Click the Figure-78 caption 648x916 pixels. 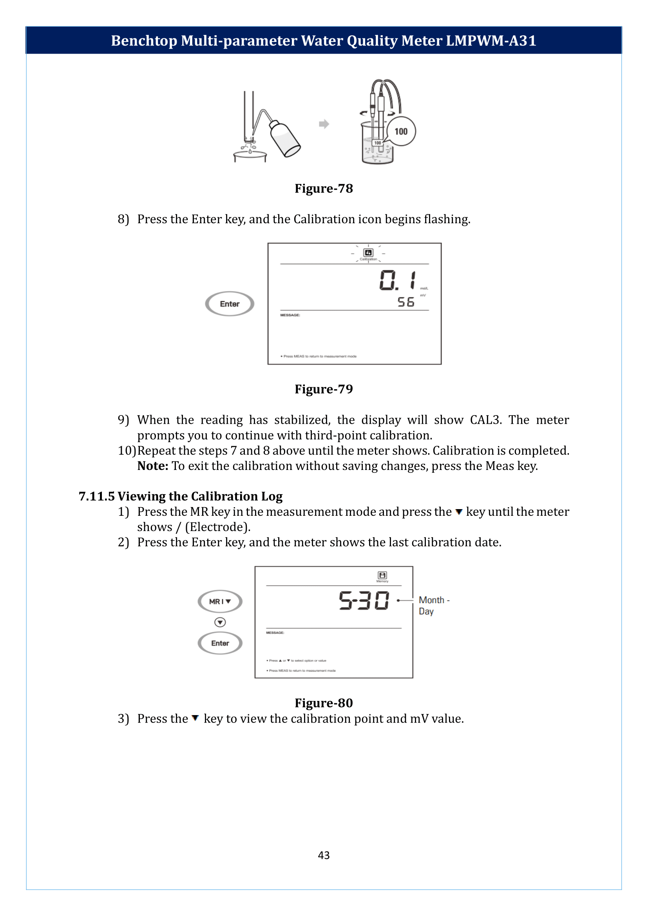click(324, 188)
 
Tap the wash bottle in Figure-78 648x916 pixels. click(284, 139)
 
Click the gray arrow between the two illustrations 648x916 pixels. click(324, 124)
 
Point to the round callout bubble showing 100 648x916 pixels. click(401, 131)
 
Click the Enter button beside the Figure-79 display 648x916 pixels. click(230, 304)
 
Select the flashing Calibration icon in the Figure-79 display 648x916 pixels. click(368, 253)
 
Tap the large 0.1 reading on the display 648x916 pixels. click(397, 280)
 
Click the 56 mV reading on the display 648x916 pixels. click(406, 302)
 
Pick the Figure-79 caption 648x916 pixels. click(324, 389)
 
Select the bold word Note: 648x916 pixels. click(153, 466)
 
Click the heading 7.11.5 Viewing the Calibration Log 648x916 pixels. click(180, 496)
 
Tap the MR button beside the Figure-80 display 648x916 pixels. click(220, 601)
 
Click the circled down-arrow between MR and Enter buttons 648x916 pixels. click(220, 622)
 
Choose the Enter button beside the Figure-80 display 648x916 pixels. click(220, 643)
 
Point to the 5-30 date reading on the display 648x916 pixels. click(364, 600)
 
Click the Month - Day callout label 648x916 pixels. click(434, 605)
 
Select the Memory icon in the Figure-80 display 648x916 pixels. click(382, 576)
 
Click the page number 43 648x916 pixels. click(324, 855)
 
